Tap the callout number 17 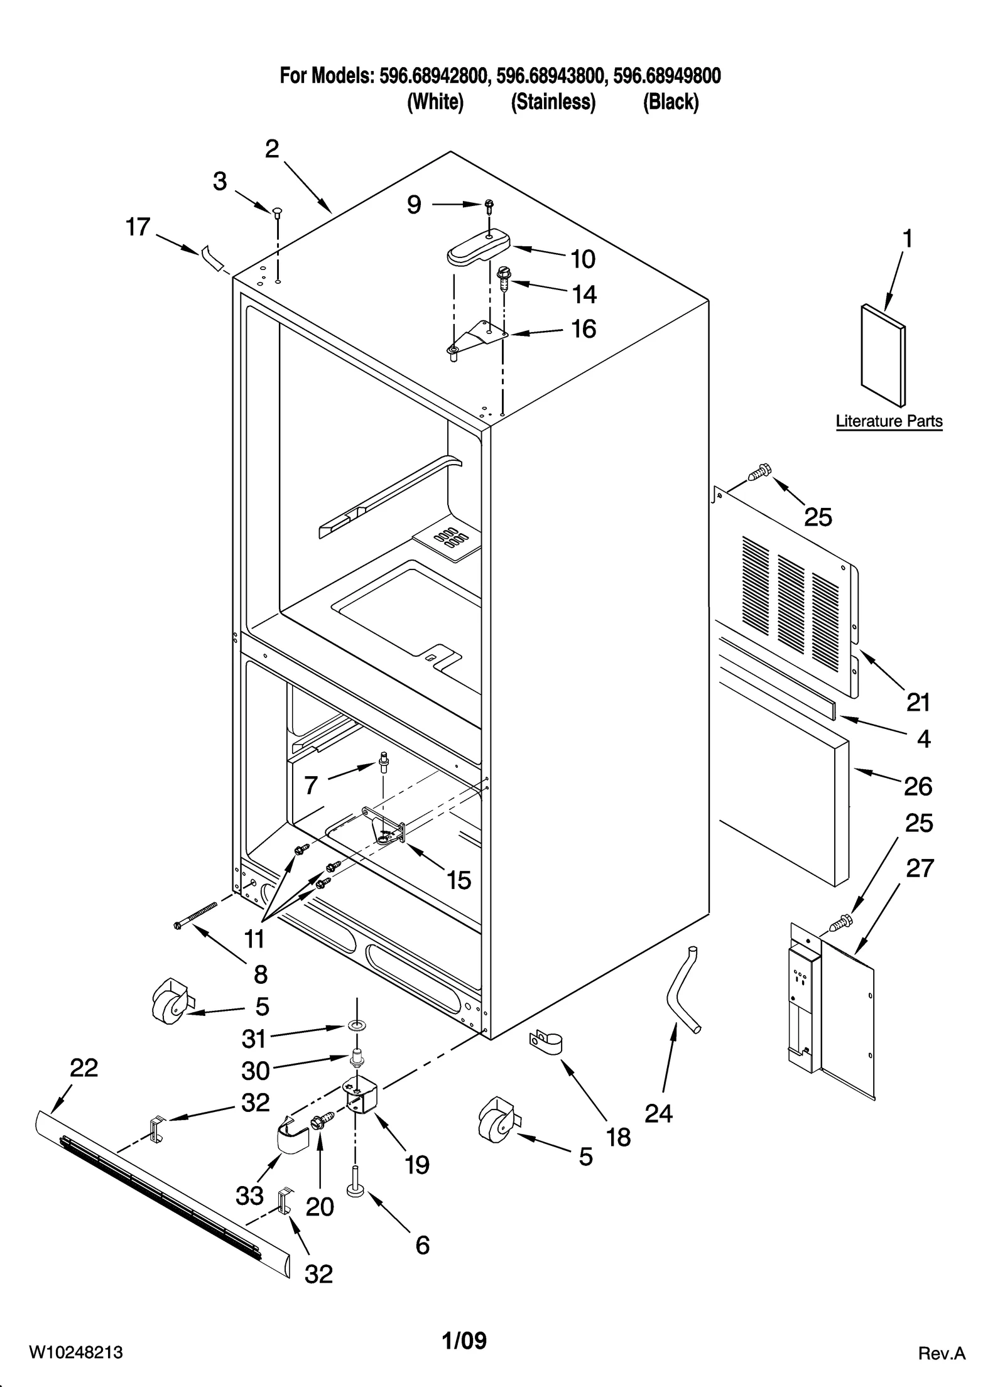tap(138, 227)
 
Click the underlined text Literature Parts tap(888, 421)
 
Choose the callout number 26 tap(918, 786)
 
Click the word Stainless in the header tap(553, 102)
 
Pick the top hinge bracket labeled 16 tap(477, 336)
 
